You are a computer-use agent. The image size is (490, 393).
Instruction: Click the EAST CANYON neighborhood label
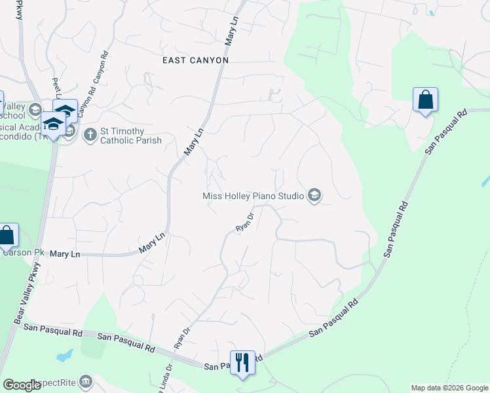pos(195,60)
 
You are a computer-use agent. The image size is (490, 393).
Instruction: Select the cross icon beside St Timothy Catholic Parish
pos(90,135)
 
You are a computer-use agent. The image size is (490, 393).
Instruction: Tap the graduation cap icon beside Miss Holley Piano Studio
pos(315,195)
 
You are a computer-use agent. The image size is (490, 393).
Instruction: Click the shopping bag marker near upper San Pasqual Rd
pos(425,100)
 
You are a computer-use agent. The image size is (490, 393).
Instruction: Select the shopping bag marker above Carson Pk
pos(7,235)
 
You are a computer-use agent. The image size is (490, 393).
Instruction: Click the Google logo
pos(22,385)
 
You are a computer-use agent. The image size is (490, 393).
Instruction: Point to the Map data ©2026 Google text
pos(449,388)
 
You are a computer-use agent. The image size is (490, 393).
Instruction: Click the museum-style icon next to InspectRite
pos(86,382)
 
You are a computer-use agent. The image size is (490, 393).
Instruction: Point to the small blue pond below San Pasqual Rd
pos(64,356)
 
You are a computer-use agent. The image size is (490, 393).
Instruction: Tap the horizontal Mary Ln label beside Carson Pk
pos(65,253)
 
